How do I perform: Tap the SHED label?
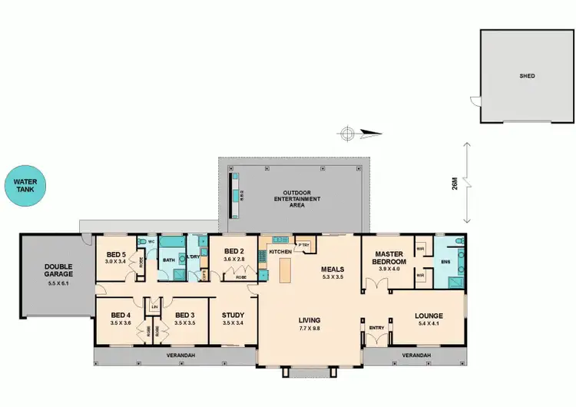tap(526, 76)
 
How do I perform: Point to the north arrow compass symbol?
tap(348, 134)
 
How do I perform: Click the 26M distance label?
tap(455, 185)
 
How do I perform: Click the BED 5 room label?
tap(116, 254)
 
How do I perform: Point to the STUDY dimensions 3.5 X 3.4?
tap(233, 323)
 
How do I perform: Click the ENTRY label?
tap(376, 327)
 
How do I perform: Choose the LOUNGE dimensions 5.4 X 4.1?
tap(428, 323)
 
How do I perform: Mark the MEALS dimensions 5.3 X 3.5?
tap(333, 277)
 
